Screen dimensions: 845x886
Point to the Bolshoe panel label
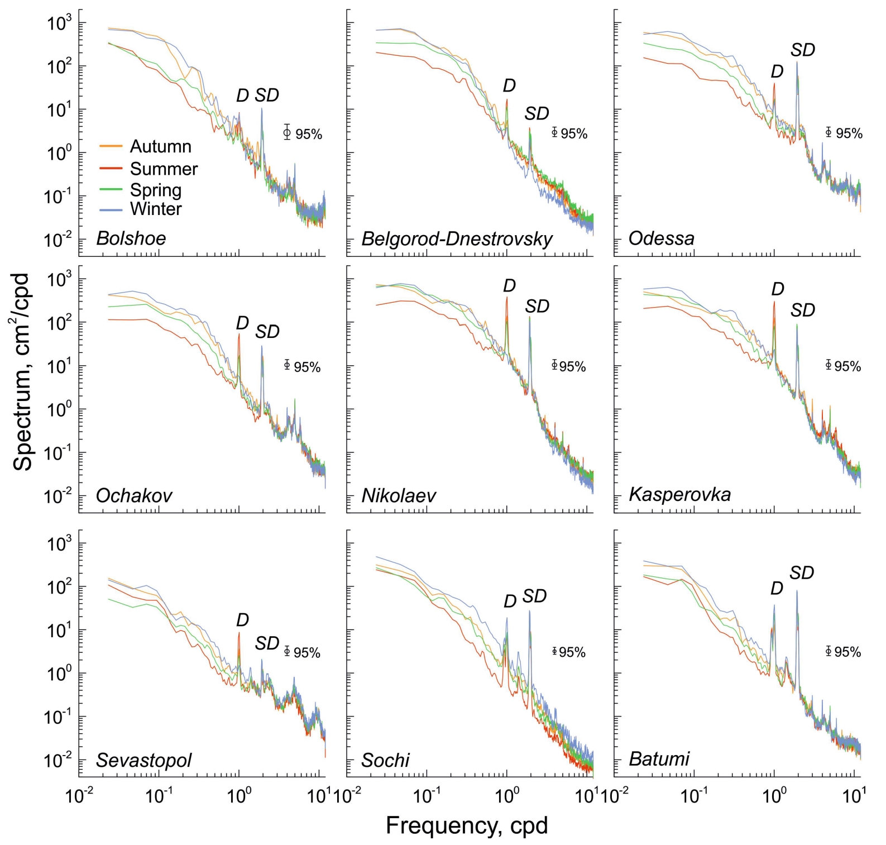pos(131,238)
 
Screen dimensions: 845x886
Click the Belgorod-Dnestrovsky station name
pos(457,239)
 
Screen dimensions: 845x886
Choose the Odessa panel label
pos(661,238)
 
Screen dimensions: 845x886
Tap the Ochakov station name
pos(134,495)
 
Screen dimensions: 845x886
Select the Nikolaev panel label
pos(399,495)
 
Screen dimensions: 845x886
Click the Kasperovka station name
pos(679,494)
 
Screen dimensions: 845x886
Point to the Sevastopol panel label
pos(143,760)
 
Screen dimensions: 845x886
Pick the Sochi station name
pos(385,760)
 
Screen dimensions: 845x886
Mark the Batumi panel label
pos(659,759)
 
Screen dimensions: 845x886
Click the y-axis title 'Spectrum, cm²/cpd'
pos(22,371)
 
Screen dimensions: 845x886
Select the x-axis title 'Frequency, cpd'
pos(467,825)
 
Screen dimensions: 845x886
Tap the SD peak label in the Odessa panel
pos(803,50)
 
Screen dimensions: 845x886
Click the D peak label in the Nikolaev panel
pos(509,286)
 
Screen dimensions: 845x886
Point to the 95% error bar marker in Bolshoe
pos(287,132)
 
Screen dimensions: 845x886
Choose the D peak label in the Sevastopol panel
pos(242,620)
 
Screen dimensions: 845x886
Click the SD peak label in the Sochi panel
pos(534,596)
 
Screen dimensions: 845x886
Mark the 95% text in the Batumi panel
pos(847,652)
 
